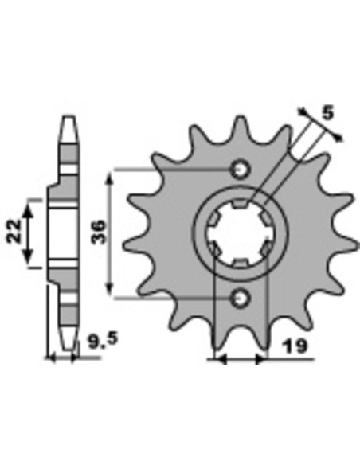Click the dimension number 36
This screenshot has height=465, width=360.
99,232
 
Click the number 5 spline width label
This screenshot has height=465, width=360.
327,113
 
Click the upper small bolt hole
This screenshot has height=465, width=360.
240,170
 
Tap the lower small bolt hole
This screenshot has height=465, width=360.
240,298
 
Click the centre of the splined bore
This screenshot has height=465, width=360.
240,234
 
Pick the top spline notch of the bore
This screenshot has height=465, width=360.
240,204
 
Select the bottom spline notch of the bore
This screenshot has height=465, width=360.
240,264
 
